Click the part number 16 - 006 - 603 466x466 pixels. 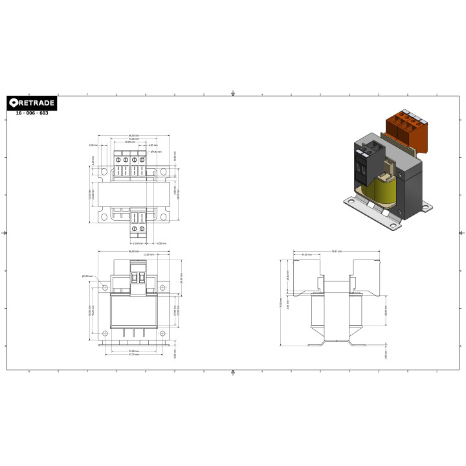coord(32,113)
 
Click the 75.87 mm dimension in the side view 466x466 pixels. coord(336,250)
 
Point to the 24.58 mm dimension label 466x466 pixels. coord(306,255)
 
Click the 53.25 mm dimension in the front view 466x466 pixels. coord(133,355)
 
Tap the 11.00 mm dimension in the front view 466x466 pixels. coord(149,255)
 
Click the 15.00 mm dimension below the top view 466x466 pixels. coord(137,243)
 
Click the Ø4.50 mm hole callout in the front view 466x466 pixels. coord(85,276)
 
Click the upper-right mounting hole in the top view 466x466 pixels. coord(164,172)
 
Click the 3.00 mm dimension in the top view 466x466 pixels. coord(93,146)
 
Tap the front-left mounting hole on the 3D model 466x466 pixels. coord(350,202)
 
